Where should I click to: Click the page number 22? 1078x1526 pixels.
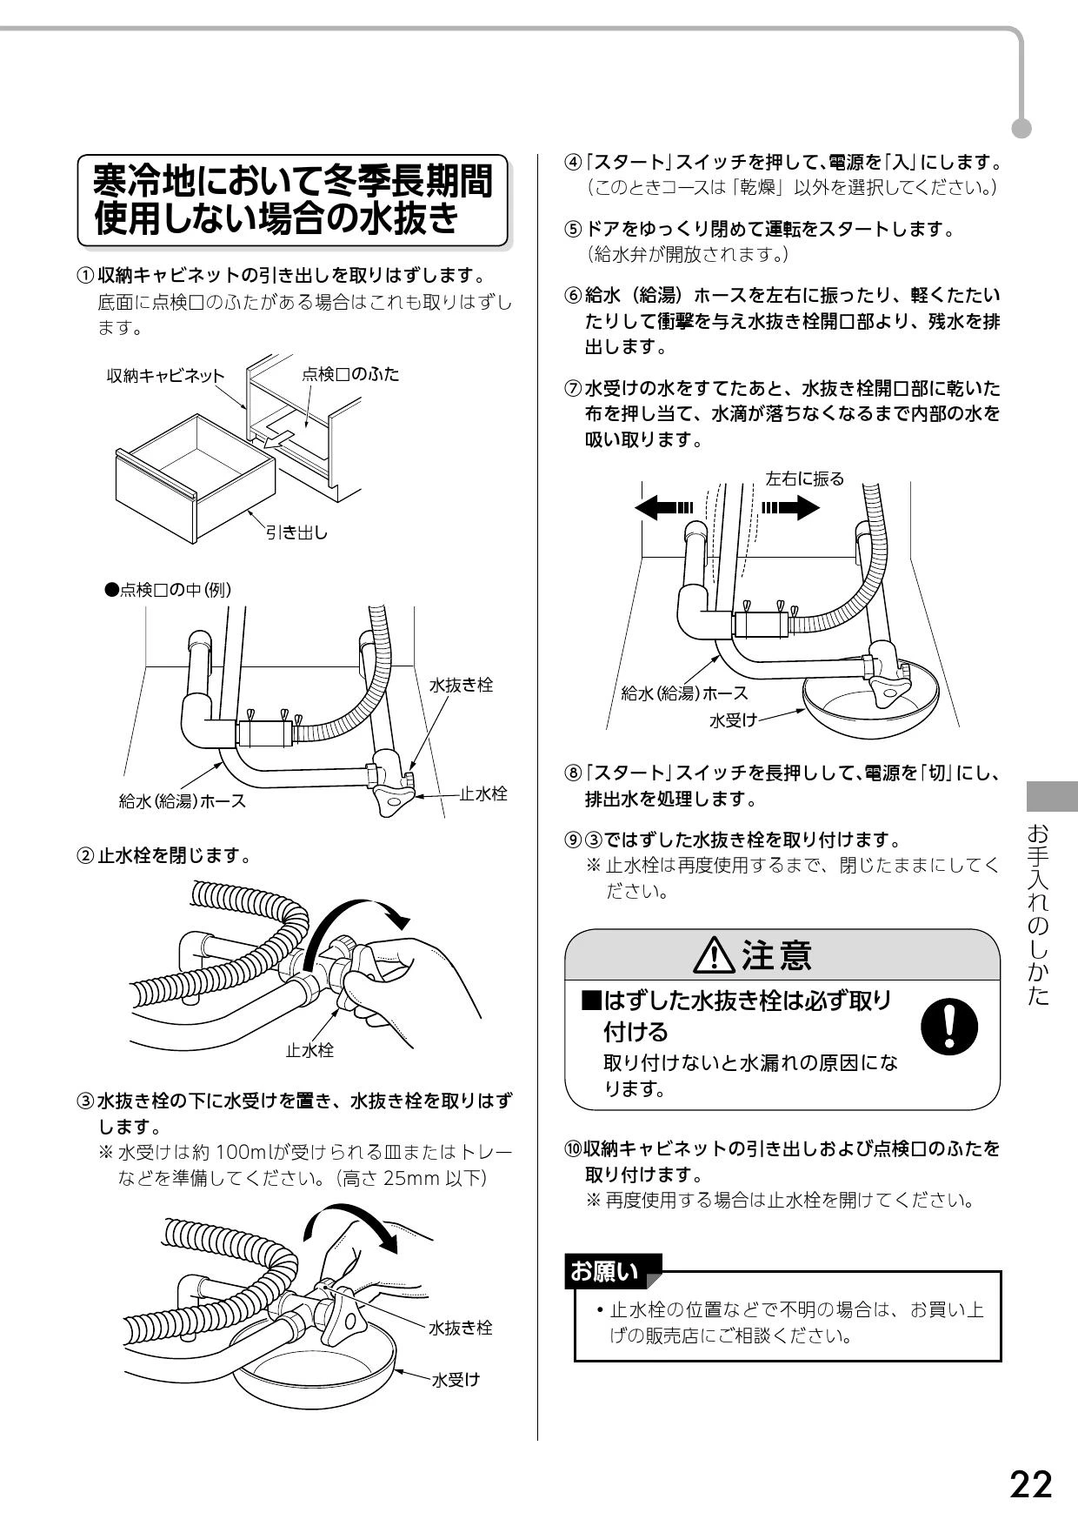point(1030,1485)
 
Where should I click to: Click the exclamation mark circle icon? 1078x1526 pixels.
point(948,1026)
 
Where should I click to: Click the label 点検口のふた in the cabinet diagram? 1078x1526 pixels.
point(350,374)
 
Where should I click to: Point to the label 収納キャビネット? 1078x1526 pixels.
point(165,376)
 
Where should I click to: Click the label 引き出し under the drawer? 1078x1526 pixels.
point(296,532)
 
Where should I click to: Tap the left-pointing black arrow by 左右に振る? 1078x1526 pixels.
point(665,507)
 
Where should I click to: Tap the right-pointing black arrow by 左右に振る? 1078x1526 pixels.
point(790,507)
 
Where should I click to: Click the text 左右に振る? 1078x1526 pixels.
point(804,479)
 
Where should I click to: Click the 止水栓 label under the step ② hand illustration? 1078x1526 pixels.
point(309,1050)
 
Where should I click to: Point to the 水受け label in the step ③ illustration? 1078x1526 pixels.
point(456,1380)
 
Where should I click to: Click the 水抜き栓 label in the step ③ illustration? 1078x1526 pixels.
point(461,1328)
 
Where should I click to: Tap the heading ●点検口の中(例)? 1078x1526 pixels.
point(168,590)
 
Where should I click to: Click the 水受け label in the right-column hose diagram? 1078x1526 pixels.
point(734,719)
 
